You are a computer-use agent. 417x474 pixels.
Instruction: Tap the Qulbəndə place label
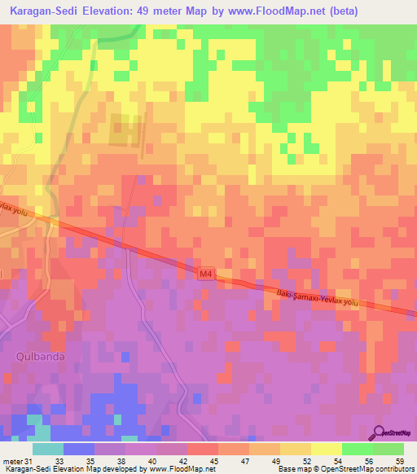[33, 356]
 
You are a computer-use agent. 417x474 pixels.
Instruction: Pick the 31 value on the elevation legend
[30, 462]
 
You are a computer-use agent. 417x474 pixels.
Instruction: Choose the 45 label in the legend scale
[214, 462]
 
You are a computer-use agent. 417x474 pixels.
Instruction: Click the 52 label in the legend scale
[306, 462]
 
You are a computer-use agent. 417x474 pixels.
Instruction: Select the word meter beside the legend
[12, 462]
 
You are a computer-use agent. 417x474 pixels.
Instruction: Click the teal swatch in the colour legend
[48, 449]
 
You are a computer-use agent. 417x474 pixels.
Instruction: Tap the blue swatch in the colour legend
[79, 449]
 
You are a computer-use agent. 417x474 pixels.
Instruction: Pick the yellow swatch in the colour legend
[326, 449]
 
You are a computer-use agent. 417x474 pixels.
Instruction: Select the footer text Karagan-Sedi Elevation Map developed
[69, 470]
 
